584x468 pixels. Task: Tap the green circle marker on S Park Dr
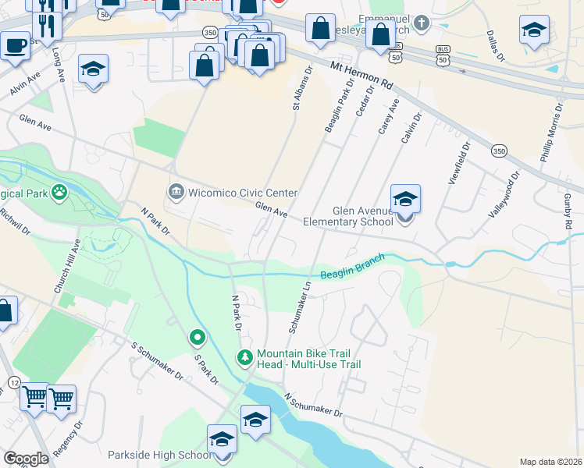(198, 338)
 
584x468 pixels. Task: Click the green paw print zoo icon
(59, 192)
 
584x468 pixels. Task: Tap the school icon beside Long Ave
(93, 69)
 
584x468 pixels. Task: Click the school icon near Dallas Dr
(534, 30)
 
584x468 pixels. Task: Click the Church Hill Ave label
(66, 266)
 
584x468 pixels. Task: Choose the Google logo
(26, 458)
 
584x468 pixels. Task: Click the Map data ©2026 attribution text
(550, 462)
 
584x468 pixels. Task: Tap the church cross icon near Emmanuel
(422, 22)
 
